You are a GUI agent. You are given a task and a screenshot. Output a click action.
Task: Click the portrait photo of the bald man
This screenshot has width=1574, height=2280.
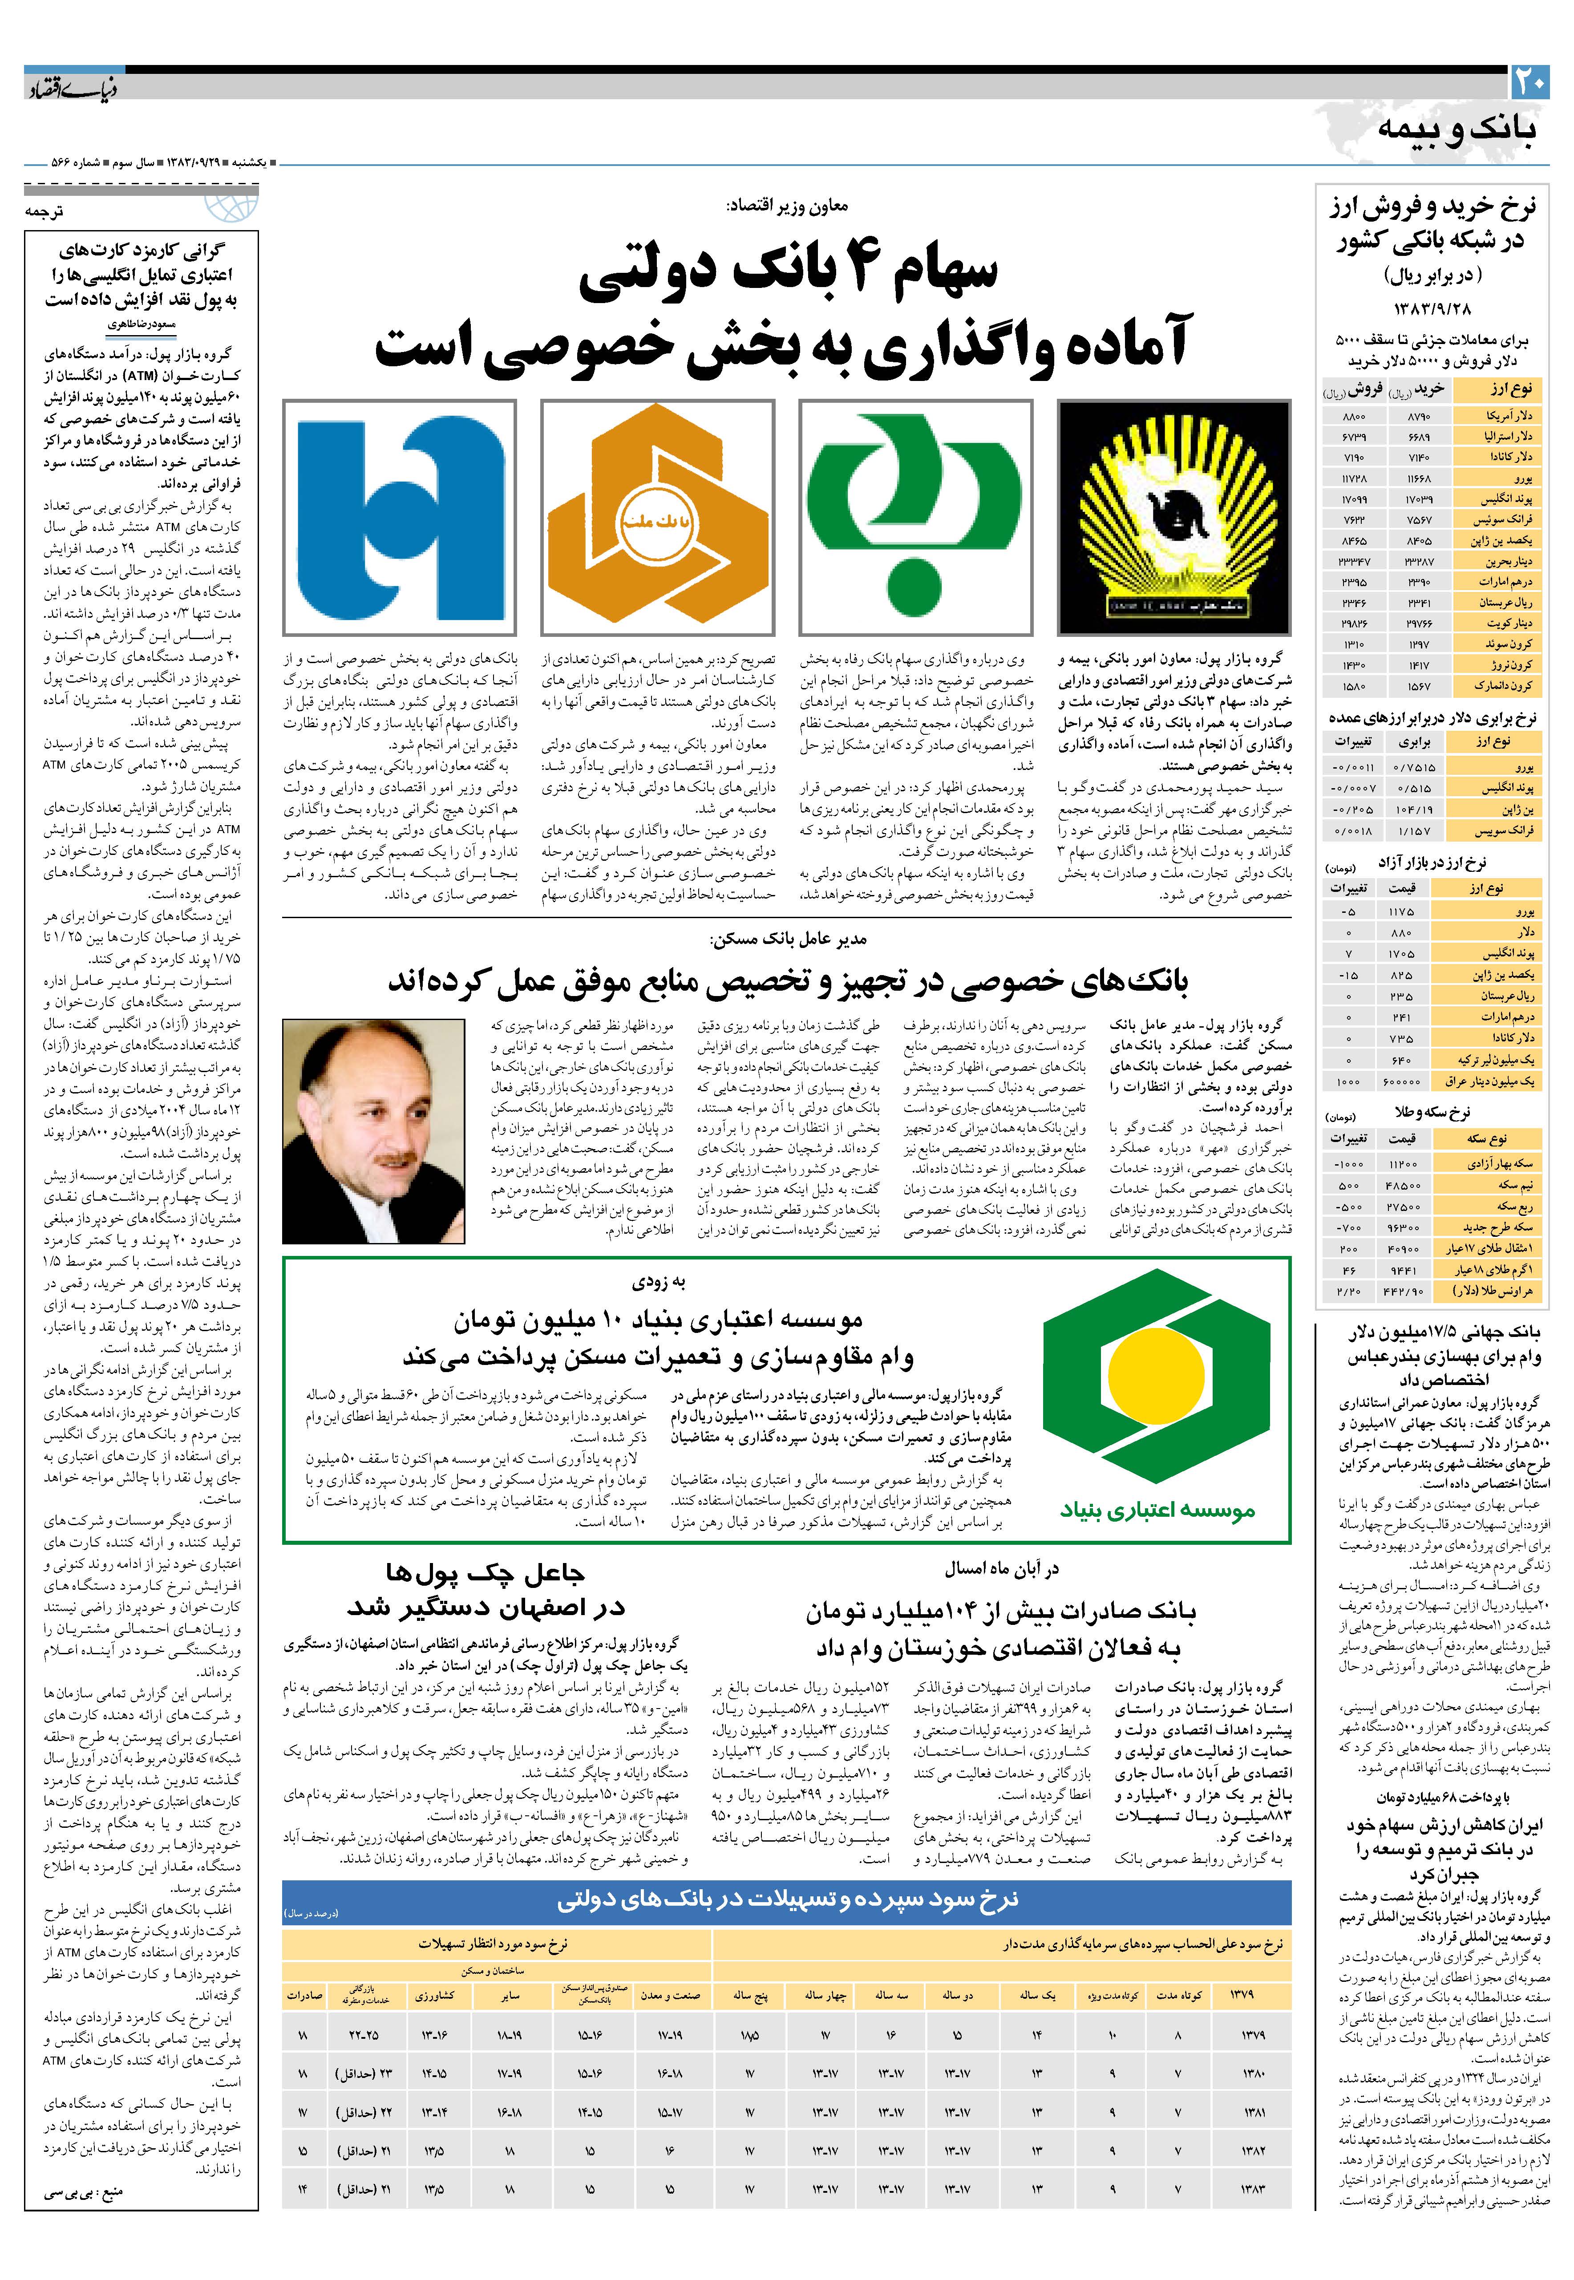(374, 1130)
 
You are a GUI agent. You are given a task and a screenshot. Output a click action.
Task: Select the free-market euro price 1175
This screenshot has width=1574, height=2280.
(1401, 912)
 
